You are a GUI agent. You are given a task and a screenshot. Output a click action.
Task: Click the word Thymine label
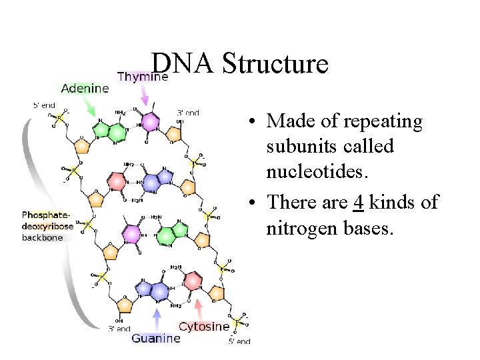142,77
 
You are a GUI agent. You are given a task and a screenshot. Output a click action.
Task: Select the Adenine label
85,88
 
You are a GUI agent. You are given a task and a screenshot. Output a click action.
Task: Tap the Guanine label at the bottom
155,338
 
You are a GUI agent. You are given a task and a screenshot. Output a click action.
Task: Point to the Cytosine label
204,327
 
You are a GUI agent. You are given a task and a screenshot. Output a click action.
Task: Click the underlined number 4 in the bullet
358,201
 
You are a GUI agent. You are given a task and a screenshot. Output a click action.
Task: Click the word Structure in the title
275,64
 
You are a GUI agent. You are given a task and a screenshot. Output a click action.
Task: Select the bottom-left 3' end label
120,328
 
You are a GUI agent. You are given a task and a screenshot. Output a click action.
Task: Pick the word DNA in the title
182,64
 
